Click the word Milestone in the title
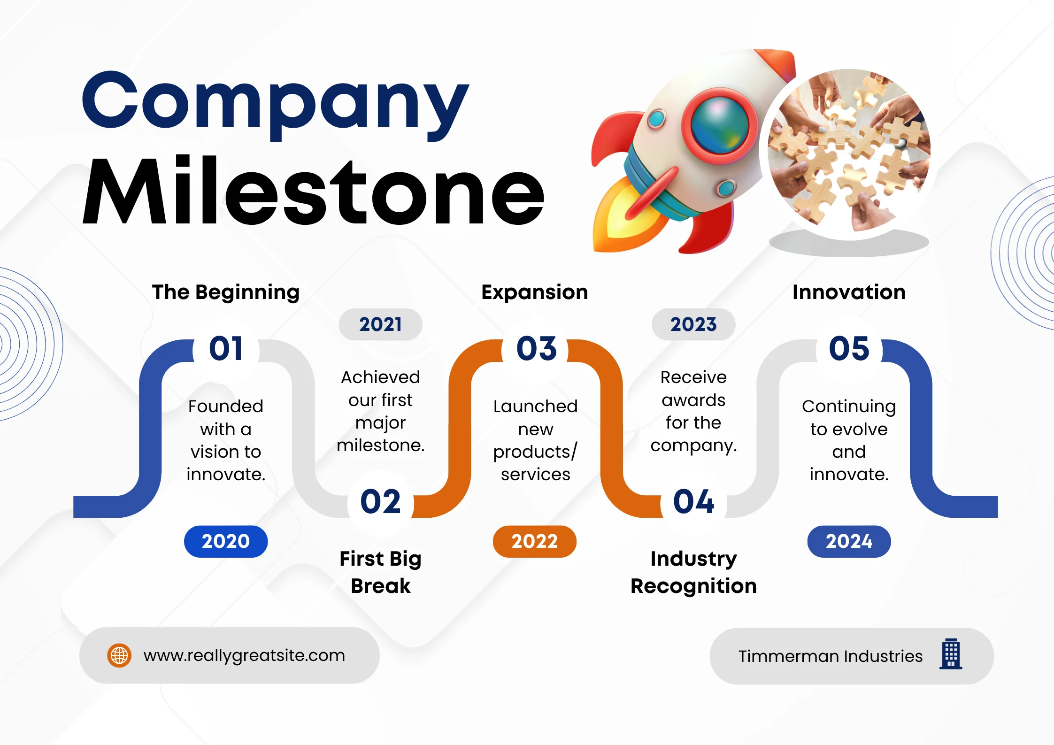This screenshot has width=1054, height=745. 313,192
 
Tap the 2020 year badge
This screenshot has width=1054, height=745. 226,541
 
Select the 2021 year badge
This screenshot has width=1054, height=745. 380,324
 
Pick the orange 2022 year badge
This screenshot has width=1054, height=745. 534,541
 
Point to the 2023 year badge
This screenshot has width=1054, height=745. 693,324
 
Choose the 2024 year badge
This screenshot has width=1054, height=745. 848,541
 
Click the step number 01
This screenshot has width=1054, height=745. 226,349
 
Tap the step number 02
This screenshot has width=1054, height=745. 380,501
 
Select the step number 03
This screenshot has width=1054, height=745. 536,349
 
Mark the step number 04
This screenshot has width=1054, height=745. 693,501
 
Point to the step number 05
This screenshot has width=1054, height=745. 849,349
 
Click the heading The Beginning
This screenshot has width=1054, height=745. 226,292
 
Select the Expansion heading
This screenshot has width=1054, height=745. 534,292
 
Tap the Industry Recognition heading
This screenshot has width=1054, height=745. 693,572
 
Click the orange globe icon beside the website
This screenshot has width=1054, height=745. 119,655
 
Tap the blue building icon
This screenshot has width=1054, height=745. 951,654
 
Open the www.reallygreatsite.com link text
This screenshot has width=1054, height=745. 244,655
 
